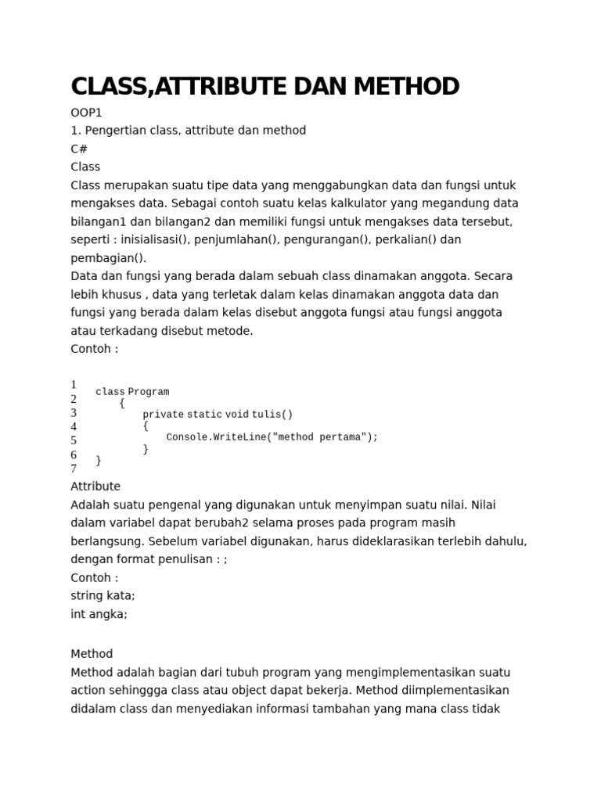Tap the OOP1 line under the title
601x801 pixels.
tap(86, 113)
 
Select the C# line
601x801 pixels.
tap(79, 149)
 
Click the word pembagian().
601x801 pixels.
tap(108, 257)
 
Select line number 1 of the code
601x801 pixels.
tap(74, 384)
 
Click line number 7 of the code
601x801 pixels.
tap(74, 469)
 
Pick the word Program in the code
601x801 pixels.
tap(149, 391)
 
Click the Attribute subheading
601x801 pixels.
tap(95, 487)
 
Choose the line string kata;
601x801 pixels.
tap(103, 595)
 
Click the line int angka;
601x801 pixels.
tap(99, 614)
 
